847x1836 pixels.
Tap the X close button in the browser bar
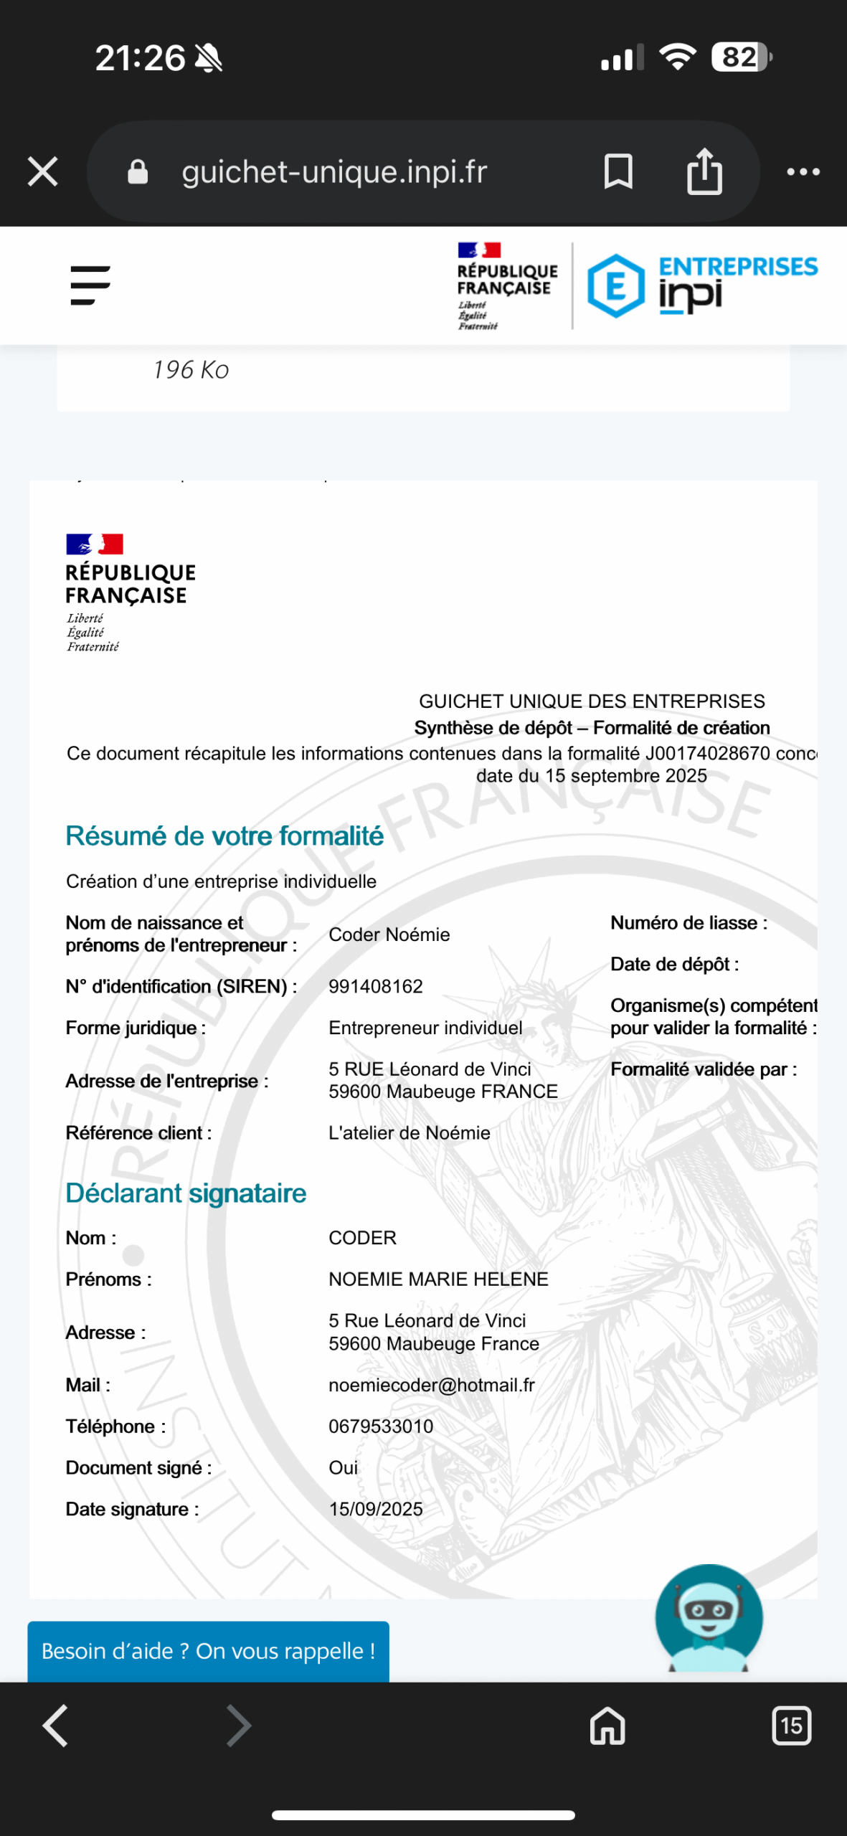pos(43,172)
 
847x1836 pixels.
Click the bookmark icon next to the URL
pos(618,172)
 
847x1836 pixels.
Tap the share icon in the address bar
pos(704,172)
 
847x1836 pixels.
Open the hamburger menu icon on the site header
pos(90,285)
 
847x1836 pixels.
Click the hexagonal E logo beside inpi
pos(615,285)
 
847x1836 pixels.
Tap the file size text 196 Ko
pos(191,370)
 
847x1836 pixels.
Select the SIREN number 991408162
pos(376,986)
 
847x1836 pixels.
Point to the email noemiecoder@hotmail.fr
pos(432,1385)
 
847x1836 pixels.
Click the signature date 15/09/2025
pos(376,1509)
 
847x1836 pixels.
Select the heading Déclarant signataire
pos(186,1193)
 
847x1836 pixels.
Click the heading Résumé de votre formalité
pos(224,836)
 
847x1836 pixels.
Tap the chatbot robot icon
pos(709,1618)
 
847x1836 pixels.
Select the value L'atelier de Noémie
pos(410,1132)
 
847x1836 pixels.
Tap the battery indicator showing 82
pos(741,57)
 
